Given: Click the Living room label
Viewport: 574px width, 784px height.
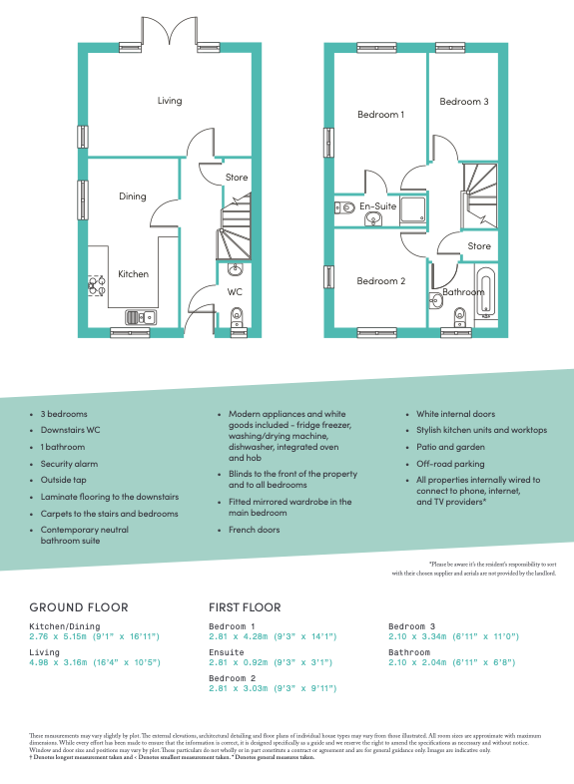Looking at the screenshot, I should tap(170, 101).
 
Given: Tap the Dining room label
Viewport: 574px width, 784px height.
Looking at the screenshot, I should tap(133, 196).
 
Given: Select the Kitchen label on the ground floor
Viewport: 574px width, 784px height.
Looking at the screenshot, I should tap(134, 274).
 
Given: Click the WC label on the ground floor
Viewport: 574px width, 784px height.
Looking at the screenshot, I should tap(235, 292).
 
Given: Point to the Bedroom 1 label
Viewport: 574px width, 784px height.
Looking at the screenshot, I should tap(380, 115).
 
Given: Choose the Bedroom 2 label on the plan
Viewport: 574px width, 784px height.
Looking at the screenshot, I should tap(380, 281).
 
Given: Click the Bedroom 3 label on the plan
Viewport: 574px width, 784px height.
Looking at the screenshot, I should tap(464, 102).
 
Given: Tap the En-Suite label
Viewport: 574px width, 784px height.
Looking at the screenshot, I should tap(378, 206).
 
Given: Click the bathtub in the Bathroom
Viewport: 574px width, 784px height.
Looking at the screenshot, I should tap(486, 292).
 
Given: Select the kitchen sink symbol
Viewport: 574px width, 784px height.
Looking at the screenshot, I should tap(140, 317).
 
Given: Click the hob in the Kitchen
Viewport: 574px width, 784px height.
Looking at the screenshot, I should tap(97, 286).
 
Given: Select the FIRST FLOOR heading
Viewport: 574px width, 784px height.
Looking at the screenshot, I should tap(245, 606).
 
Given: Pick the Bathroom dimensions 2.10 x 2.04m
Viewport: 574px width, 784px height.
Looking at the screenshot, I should tap(453, 661).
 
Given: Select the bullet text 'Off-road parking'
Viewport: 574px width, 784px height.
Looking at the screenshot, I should tap(450, 464).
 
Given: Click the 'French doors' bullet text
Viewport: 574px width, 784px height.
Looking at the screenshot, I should tap(255, 531).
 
